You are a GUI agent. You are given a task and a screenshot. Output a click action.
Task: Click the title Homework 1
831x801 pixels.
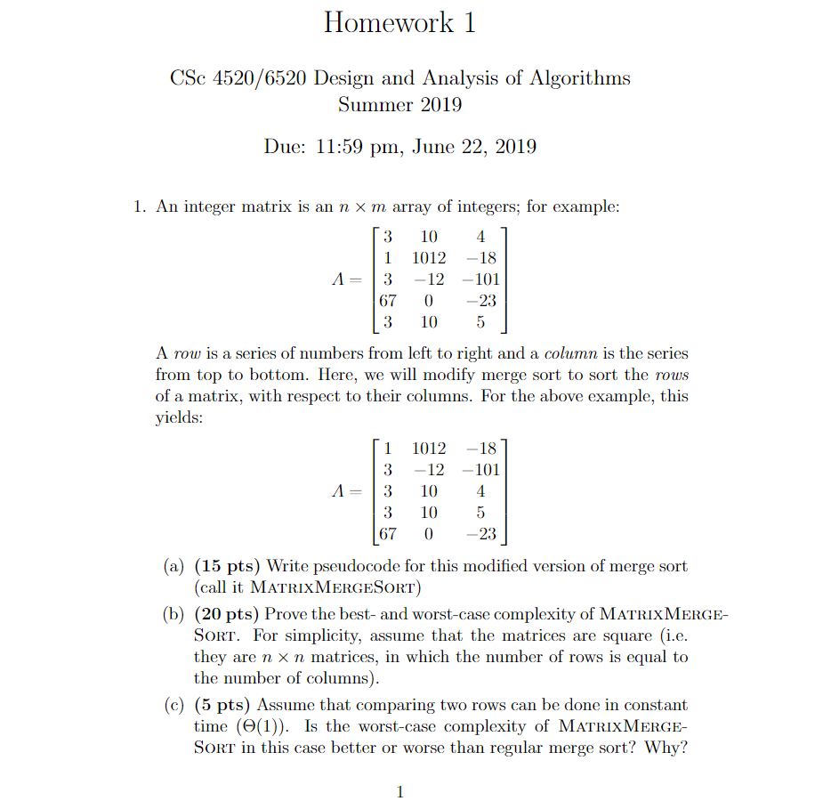pos(399,22)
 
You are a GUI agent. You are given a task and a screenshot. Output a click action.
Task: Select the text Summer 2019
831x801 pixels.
pos(399,105)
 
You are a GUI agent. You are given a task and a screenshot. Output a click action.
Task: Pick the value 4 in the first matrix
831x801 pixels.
pos(480,237)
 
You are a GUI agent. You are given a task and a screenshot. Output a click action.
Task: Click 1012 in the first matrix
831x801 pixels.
pos(429,258)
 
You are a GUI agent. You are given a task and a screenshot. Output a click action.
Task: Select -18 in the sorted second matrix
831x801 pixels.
pos(481,448)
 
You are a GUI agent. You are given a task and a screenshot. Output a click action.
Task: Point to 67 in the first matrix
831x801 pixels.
pos(387,301)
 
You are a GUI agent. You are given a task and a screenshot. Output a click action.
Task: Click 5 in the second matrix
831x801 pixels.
pos(480,512)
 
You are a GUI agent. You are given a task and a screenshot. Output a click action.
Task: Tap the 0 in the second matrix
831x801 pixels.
pos(429,533)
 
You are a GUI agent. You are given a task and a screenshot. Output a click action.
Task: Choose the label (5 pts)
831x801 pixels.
pos(223,705)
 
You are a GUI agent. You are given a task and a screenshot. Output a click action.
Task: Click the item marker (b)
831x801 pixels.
pos(173,615)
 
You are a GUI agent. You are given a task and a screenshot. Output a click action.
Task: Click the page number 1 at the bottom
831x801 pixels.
pos(399,791)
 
